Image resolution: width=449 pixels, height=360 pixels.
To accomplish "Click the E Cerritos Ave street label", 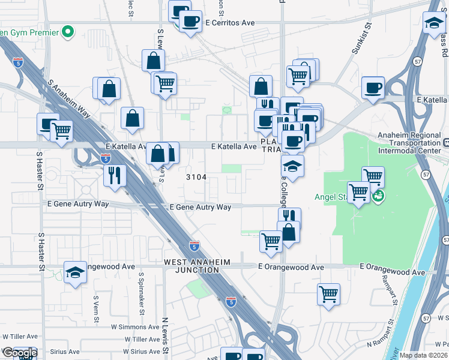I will pyautogui.click(x=230, y=23).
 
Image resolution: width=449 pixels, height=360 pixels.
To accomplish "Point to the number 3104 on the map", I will pyautogui.click(x=196, y=177).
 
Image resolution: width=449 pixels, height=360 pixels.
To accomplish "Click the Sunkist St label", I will pyautogui.click(x=363, y=44).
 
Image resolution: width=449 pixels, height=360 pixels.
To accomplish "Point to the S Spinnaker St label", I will pyautogui.click(x=141, y=294).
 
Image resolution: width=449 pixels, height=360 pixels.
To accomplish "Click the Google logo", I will pyautogui.click(x=20, y=353).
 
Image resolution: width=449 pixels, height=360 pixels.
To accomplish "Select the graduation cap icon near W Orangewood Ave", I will pyautogui.click(x=75, y=272).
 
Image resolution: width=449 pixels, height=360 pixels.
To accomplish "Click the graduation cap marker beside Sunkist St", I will pyautogui.click(x=433, y=24).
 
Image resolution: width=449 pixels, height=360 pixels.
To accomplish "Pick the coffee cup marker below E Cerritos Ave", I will pyautogui.click(x=191, y=22).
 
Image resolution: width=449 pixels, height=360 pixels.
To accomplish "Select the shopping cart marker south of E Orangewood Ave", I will pyautogui.click(x=328, y=295).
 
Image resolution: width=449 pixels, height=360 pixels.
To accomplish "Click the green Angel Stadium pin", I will pyautogui.click(x=378, y=196).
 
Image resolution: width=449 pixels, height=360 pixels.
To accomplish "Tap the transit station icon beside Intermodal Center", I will pyautogui.click(x=447, y=143).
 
